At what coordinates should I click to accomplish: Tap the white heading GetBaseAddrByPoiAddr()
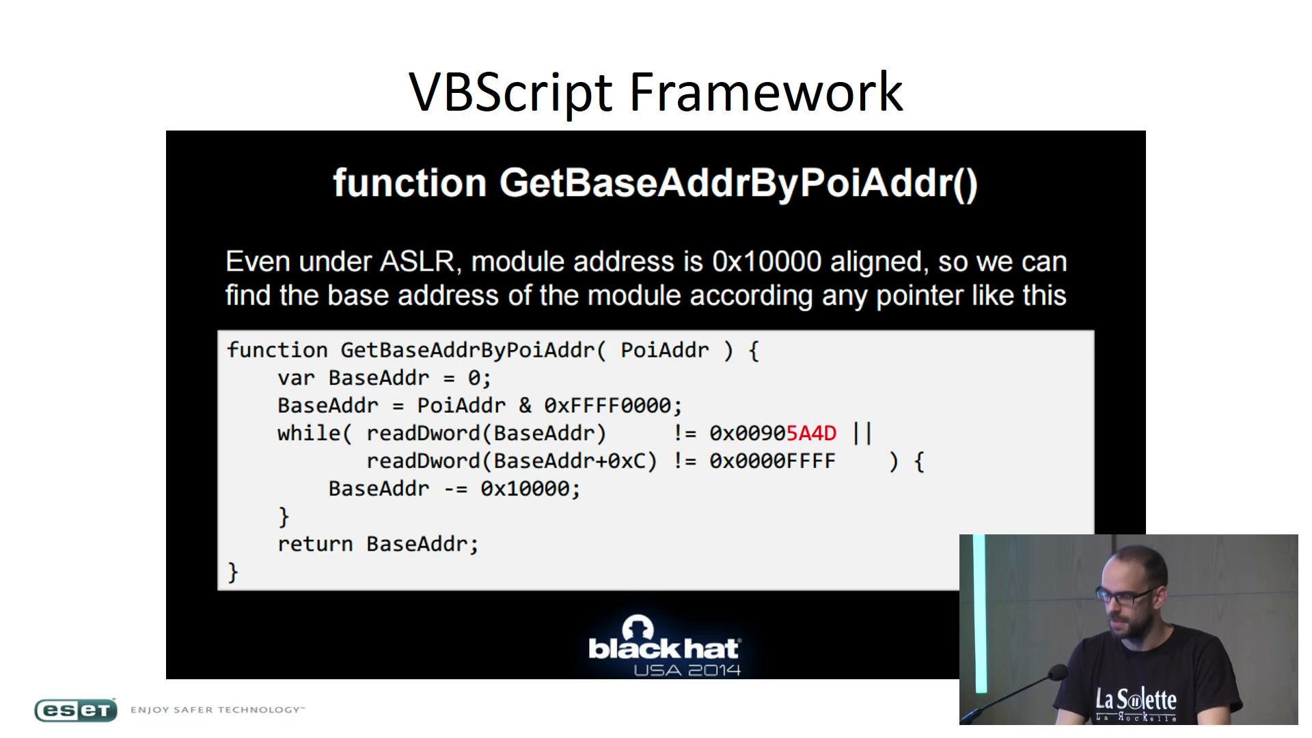739,183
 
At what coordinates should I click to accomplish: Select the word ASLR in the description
417,262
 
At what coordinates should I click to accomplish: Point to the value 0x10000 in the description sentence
766,262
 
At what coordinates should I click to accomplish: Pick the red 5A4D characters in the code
811,433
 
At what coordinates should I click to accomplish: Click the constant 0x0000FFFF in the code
772,461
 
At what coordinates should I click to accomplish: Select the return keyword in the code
315,545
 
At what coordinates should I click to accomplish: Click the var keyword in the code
296,379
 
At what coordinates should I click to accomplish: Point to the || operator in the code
862,433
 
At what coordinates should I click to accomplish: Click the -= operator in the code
455,489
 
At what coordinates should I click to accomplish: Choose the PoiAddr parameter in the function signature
664,351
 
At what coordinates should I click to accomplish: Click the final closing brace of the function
233,572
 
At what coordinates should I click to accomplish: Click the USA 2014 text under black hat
687,670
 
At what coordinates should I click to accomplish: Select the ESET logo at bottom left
76,711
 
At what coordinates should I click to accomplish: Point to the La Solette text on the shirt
1136,700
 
